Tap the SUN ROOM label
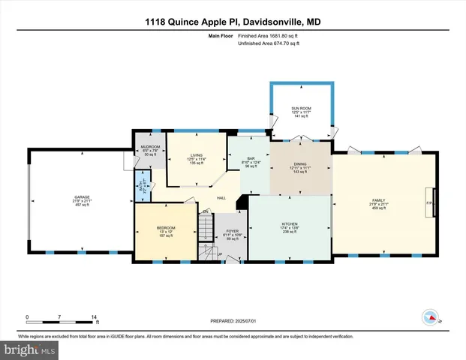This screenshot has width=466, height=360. [x=300, y=109]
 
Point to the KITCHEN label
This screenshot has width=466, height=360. [x=290, y=223]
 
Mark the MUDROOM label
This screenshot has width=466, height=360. [x=150, y=147]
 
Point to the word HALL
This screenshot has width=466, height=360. [x=222, y=198]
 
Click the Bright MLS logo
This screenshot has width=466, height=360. [x=29, y=349]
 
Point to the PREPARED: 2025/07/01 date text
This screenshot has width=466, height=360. [x=233, y=321]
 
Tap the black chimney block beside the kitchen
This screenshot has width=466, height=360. [x=242, y=202]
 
